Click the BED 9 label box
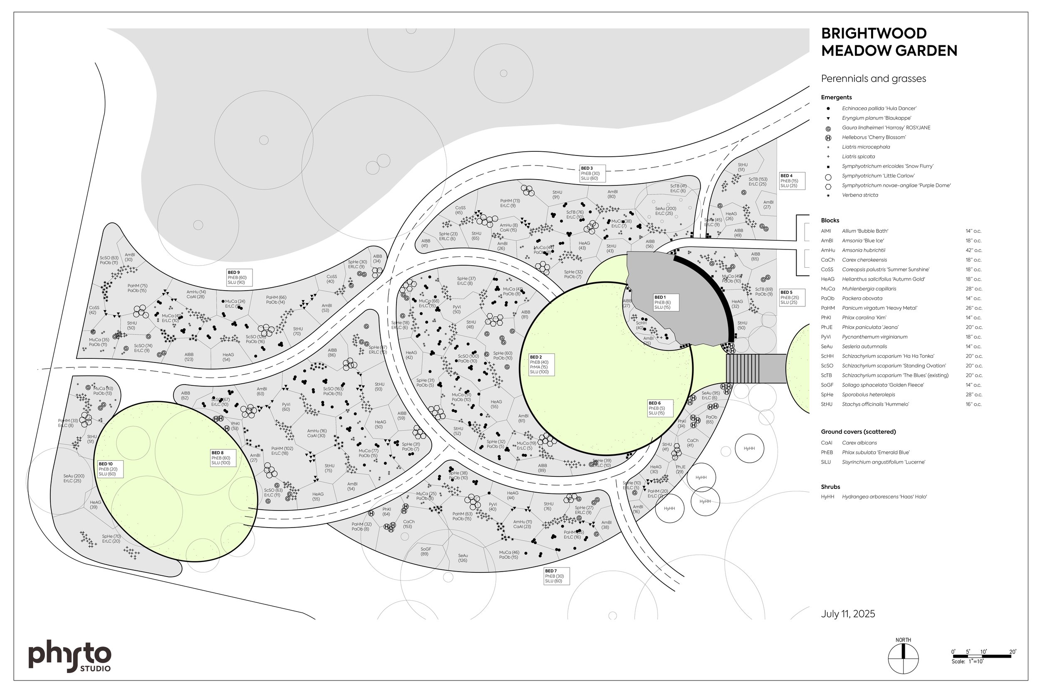coord(240,278)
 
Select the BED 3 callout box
coord(592,173)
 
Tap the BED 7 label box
coord(556,576)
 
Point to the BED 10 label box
coord(110,469)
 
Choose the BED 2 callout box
coord(541,364)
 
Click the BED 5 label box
coord(792,297)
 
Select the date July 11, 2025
coord(848,614)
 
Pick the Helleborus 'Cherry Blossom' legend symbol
coord(828,138)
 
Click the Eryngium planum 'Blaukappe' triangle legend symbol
coord(828,118)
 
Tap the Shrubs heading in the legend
coord(830,487)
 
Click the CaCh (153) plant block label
coord(408,524)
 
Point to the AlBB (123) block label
coord(189,357)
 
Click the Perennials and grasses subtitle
coord(873,79)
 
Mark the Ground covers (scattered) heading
coord(858,432)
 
